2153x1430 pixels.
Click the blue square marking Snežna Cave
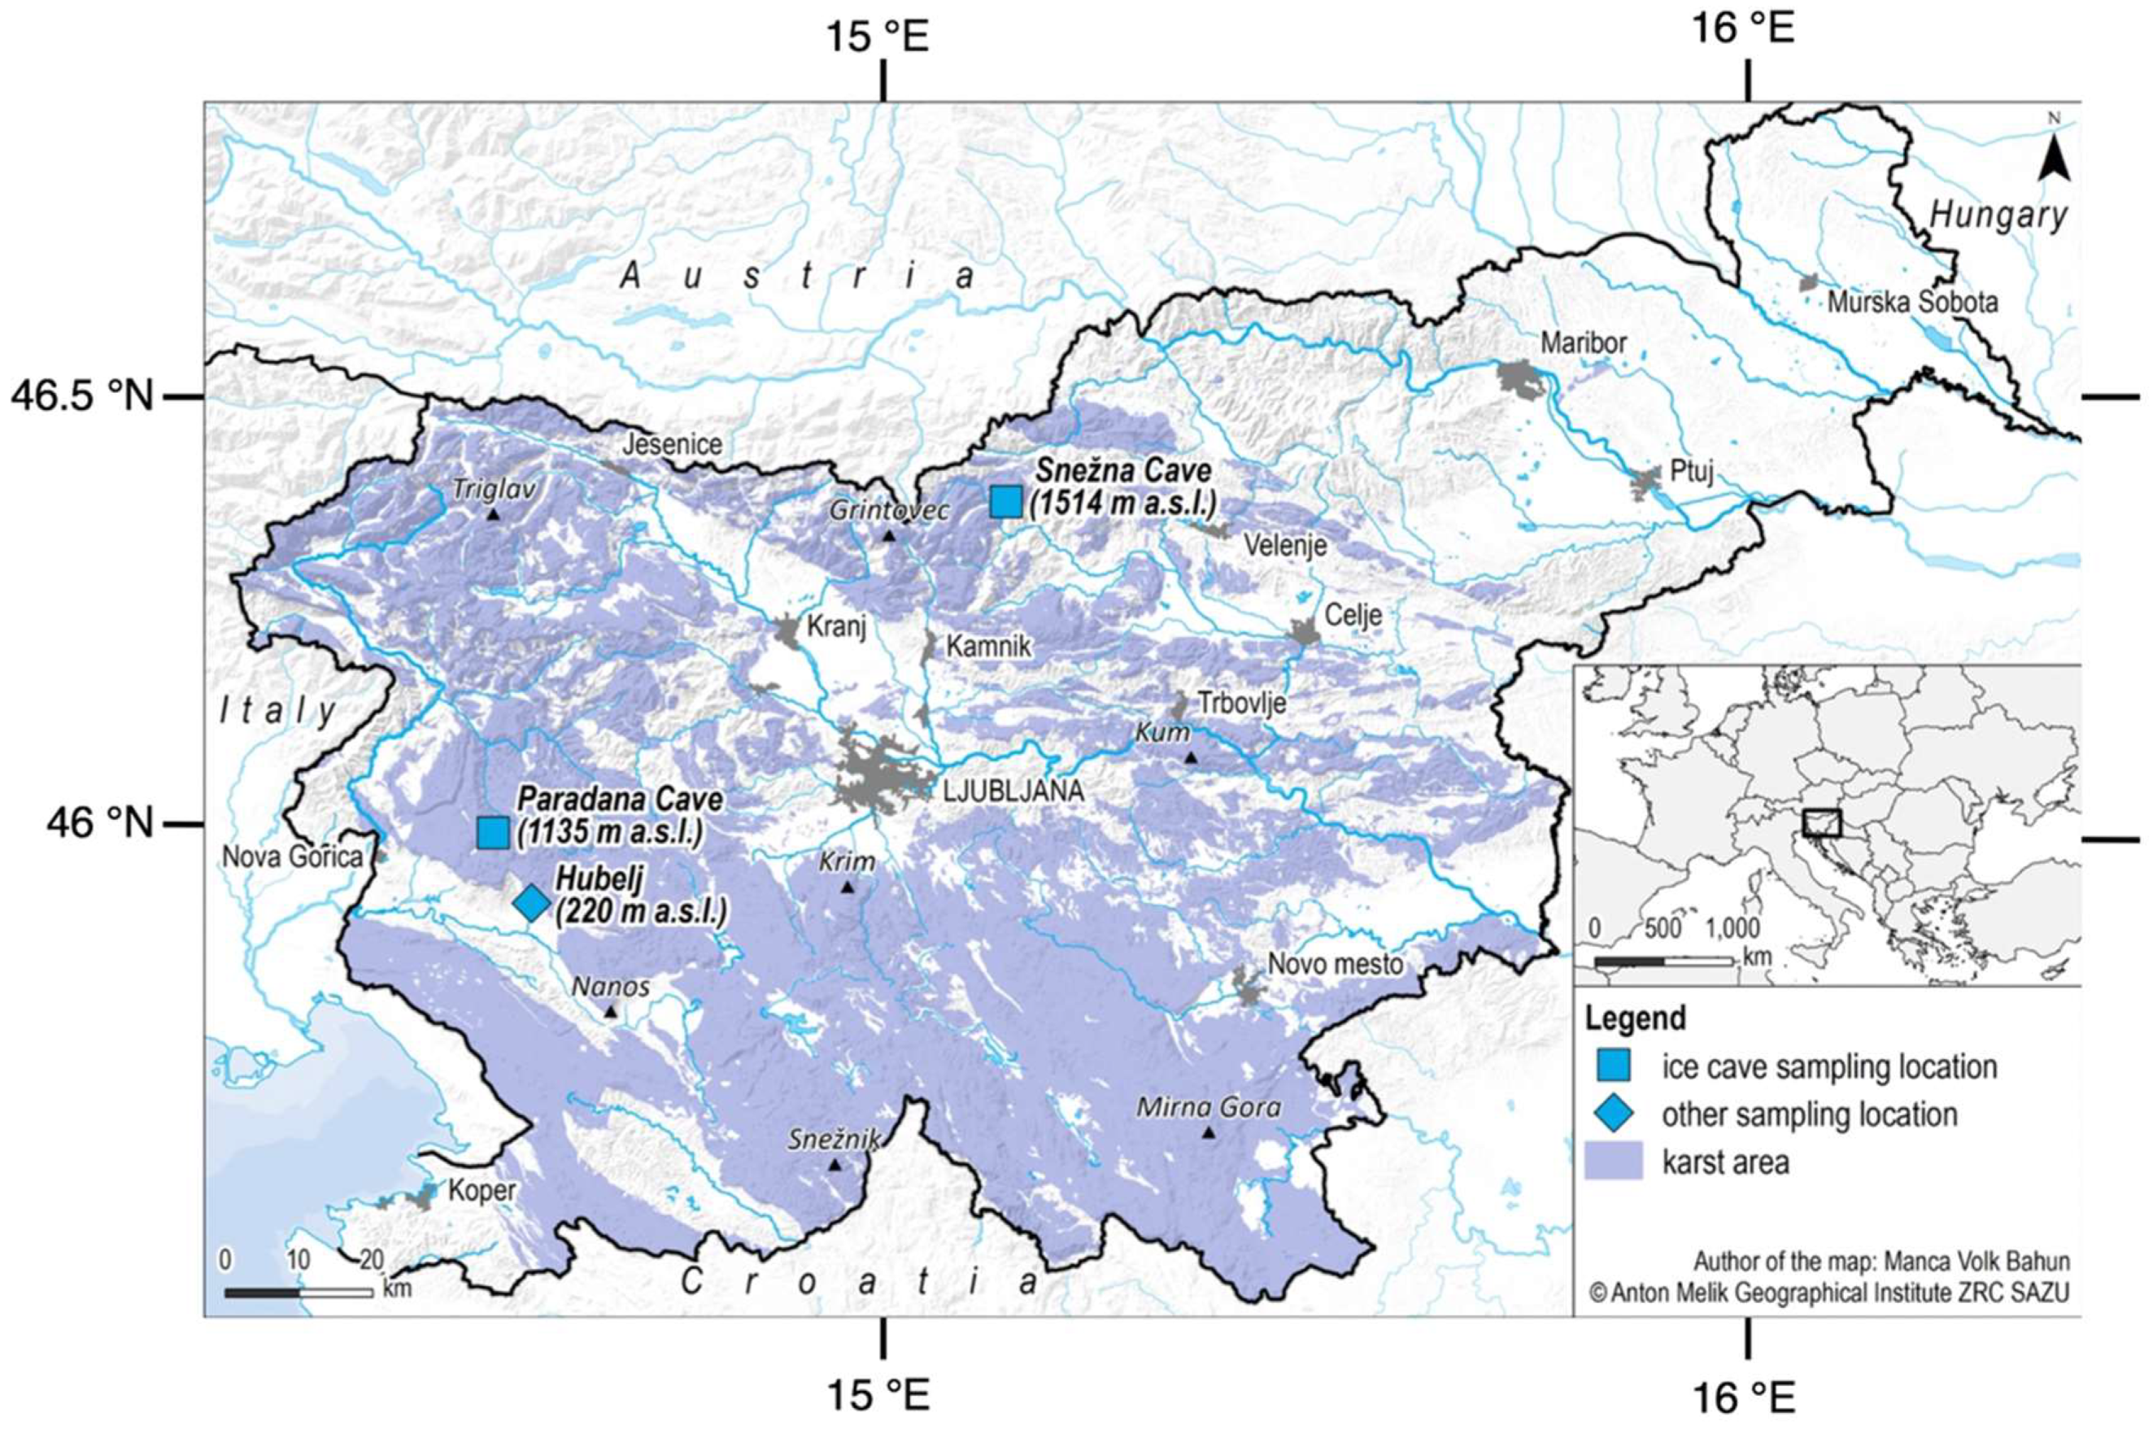[x=1006, y=502]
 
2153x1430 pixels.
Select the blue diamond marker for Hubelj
[x=532, y=903]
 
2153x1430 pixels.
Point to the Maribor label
[x=1583, y=344]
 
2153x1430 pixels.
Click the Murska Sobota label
[x=1912, y=303]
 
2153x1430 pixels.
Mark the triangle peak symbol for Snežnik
[x=835, y=1165]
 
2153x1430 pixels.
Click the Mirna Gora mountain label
[x=1209, y=1108]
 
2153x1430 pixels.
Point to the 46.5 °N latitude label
[x=82, y=397]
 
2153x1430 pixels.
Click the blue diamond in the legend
[x=1613, y=1114]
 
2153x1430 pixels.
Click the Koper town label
[x=482, y=1191]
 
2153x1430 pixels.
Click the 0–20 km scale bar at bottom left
[x=299, y=1292]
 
